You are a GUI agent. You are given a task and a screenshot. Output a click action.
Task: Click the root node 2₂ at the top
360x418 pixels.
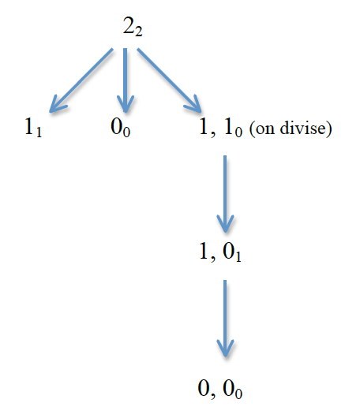[x=133, y=26]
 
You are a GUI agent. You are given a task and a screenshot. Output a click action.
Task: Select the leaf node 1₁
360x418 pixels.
[x=33, y=127]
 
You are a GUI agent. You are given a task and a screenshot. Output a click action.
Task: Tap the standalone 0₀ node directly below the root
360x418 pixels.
[x=120, y=128]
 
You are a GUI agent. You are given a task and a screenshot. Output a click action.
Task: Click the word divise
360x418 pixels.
[x=303, y=128]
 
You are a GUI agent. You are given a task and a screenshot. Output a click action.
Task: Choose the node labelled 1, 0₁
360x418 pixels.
[x=220, y=252]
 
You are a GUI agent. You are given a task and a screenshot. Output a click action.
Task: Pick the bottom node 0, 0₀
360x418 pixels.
[x=220, y=389]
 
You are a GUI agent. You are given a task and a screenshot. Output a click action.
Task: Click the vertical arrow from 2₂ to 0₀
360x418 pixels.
[x=126, y=80]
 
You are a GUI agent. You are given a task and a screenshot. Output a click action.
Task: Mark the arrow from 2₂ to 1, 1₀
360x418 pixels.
[x=169, y=80]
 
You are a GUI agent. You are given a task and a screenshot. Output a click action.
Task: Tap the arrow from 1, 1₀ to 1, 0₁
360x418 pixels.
[x=225, y=194]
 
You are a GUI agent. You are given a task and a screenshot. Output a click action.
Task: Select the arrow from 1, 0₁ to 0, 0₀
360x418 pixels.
[x=225, y=319]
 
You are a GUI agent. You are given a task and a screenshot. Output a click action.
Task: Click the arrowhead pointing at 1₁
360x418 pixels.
[x=57, y=105]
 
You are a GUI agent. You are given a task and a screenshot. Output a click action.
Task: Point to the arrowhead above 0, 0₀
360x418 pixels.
[x=225, y=348]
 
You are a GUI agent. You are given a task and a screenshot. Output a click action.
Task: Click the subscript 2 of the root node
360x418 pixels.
[x=138, y=31]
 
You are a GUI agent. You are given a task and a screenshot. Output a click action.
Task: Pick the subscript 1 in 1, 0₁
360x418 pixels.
[x=238, y=257]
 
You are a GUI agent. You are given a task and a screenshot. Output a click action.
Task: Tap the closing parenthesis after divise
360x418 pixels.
[x=329, y=129]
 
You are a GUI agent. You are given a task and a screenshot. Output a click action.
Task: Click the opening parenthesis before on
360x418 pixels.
[x=253, y=129]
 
